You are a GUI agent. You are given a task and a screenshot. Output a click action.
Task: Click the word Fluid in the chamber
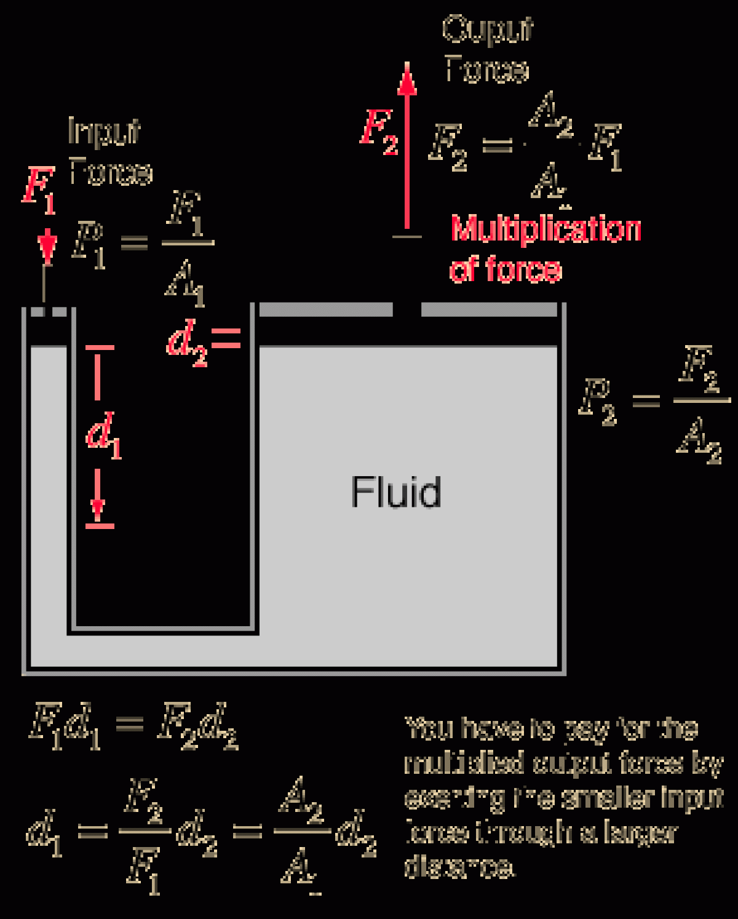pos(396,492)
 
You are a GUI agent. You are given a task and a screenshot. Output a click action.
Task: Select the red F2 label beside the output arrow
pos(379,132)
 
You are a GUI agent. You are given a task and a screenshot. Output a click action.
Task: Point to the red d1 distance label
pos(103,436)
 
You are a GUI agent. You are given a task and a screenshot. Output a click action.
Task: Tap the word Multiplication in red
pos(546,229)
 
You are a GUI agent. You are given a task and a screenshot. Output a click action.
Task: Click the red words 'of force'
pos(506,269)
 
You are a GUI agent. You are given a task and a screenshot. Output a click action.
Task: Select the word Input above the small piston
pos(103,132)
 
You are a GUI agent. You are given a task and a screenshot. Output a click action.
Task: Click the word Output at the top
pos(487,30)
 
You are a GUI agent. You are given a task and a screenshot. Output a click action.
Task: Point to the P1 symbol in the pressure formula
pos(88,245)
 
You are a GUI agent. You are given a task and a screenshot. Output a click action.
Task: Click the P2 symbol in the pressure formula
pos(597,402)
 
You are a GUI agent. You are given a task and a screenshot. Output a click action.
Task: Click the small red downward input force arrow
pos(47,246)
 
